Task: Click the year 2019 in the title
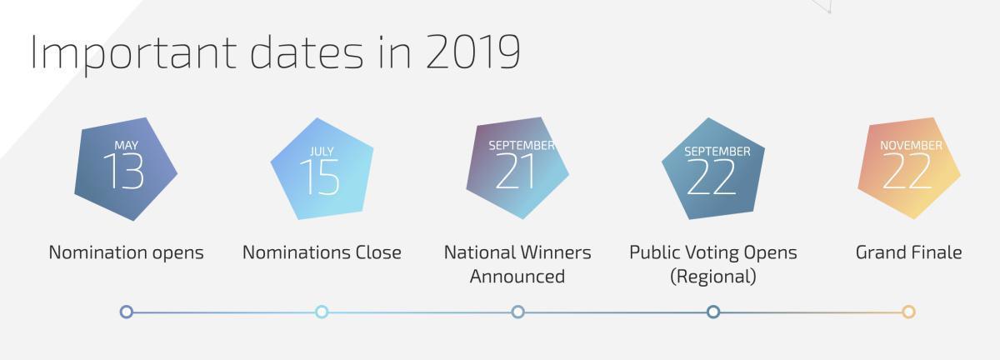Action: (x=472, y=52)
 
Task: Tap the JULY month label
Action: (x=321, y=152)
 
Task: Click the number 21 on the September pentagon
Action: (x=517, y=172)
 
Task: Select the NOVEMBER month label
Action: (x=911, y=146)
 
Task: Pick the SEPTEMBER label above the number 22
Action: (x=717, y=152)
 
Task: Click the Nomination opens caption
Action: (x=126, y=252)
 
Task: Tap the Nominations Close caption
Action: (x=322, y=252)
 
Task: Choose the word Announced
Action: (x=517, y=277)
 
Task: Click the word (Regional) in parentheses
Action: (x=713, y=277)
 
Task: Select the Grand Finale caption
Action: (x=908, y=252)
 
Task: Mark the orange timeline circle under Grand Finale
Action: (x=908, y=312)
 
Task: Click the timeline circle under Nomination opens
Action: (x=127, y=312)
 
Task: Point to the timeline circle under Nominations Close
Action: (x=322, y=312)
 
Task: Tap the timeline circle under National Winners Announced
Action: (x=517, y=312)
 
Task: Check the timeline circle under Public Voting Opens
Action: (x=713, y=312)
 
